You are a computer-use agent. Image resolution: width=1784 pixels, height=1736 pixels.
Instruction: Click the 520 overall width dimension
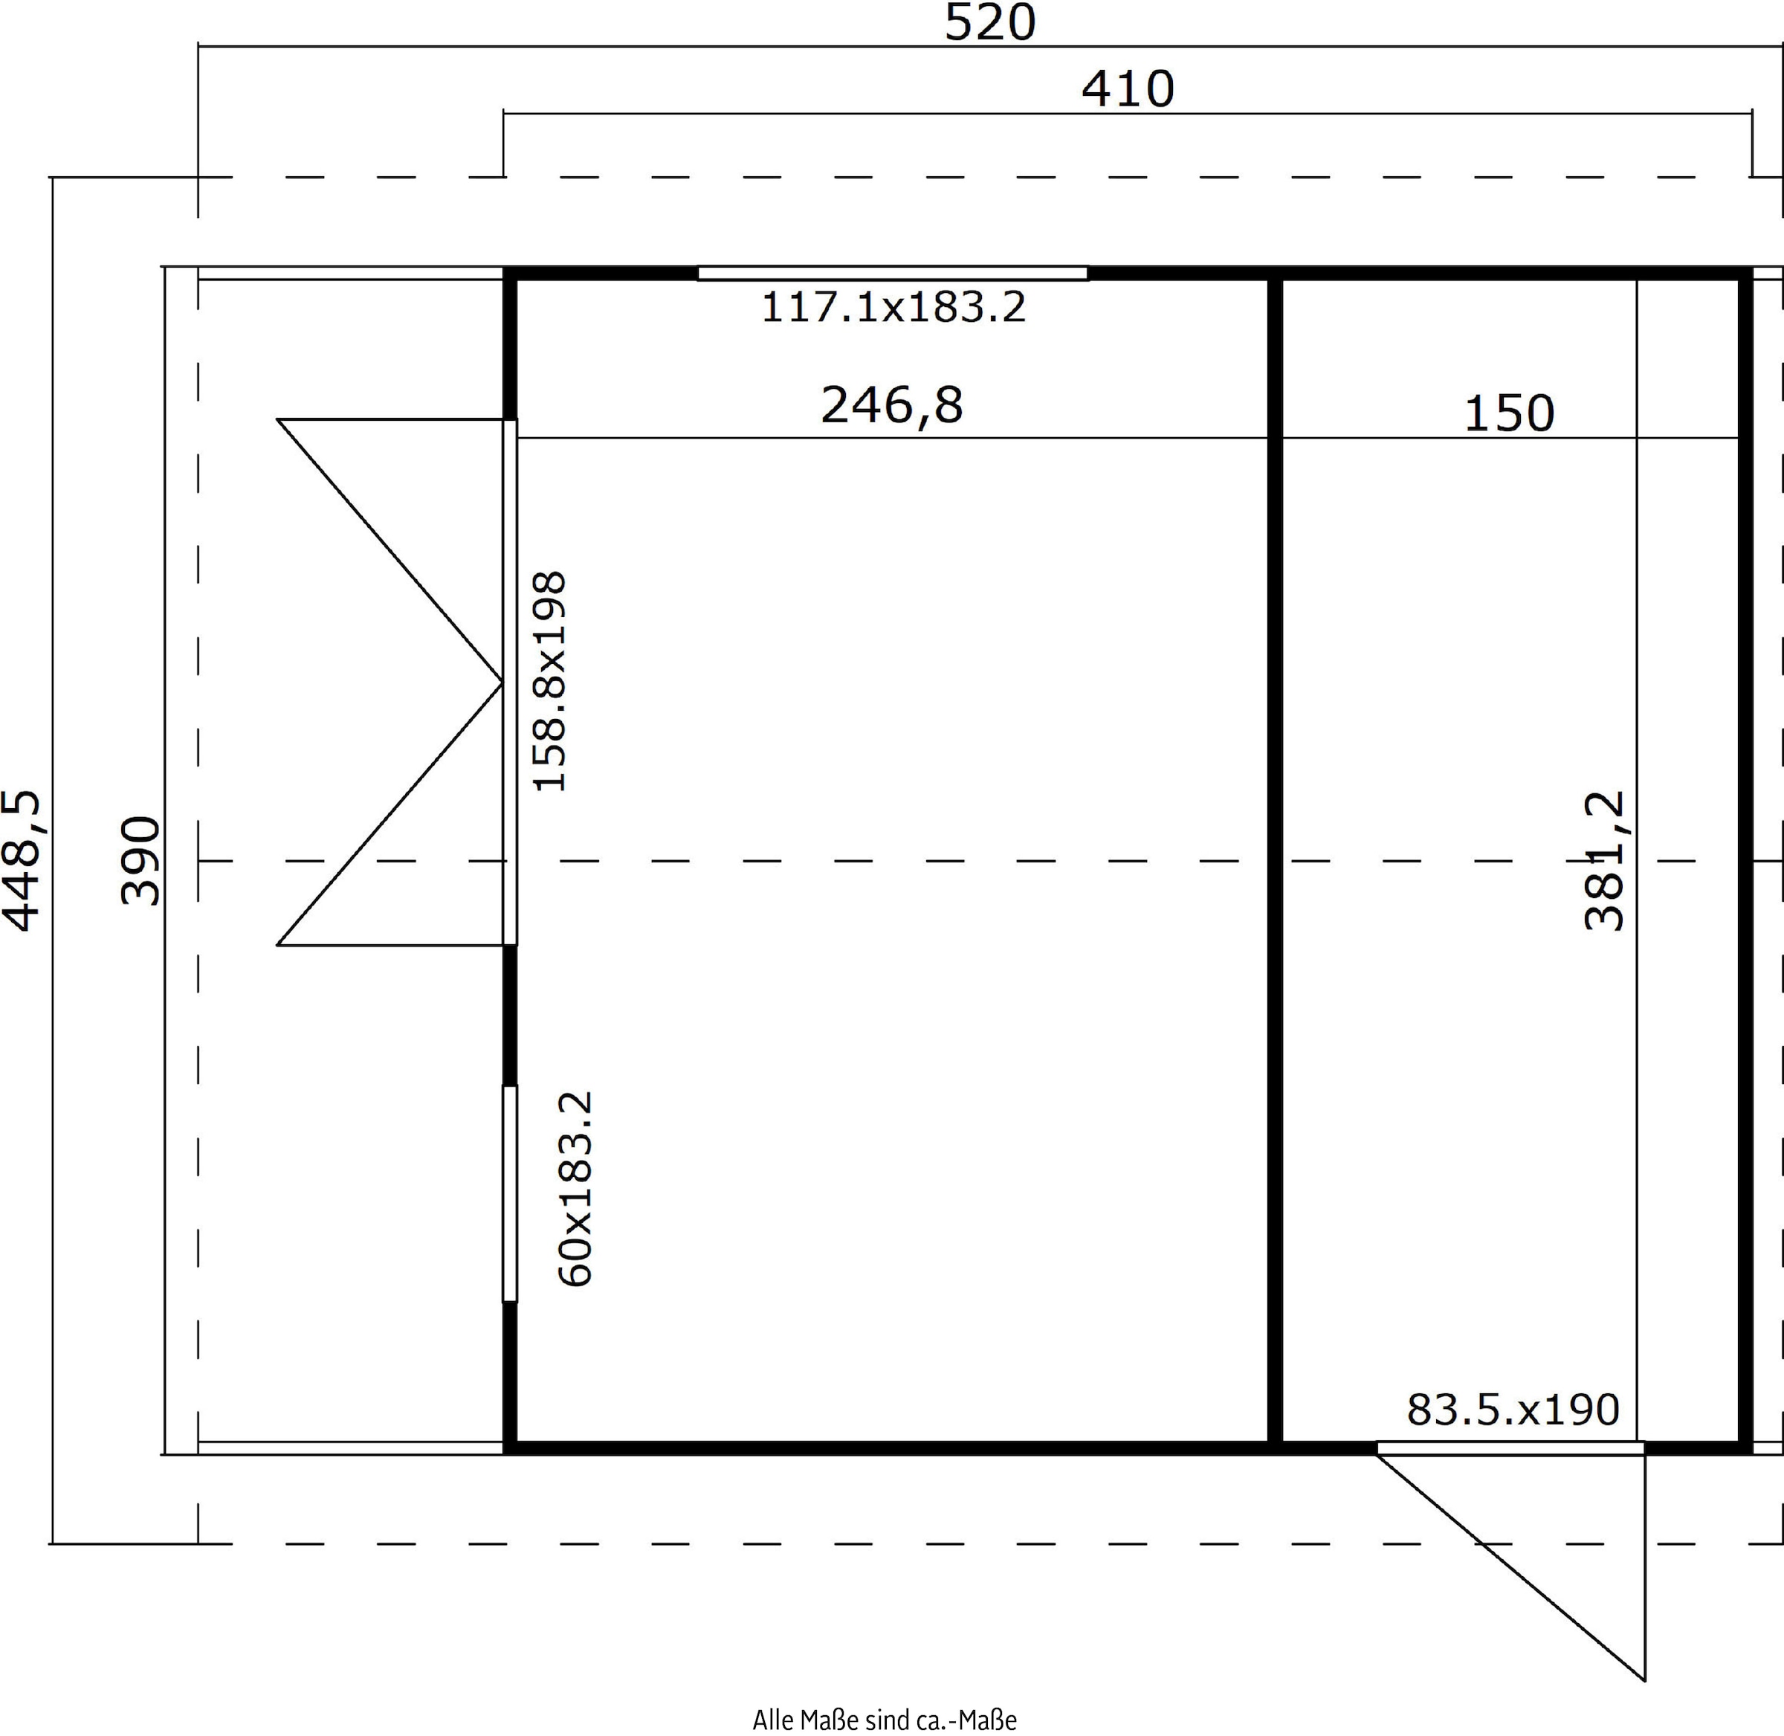click(990, 23)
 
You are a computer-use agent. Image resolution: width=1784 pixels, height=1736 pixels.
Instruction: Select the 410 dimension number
click(1128, 89)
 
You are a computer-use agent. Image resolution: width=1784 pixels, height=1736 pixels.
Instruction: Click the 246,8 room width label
click(891, 405)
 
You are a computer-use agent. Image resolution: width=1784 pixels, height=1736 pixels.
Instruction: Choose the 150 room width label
click(1509, 414)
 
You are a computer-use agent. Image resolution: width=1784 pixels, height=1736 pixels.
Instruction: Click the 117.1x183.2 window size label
click(893, 307)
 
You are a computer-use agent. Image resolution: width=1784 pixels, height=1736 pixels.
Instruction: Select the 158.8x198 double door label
click(549, 681)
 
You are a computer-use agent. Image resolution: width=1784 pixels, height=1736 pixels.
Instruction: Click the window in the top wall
click(893, 273)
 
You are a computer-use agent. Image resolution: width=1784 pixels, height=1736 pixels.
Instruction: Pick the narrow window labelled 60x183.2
click(511, 1193)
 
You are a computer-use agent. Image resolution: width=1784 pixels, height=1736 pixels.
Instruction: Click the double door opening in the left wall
click(511, 682)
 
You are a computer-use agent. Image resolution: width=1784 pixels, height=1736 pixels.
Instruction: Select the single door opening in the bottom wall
click(1510, 1447)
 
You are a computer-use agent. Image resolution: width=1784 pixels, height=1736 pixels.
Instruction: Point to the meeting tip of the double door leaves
click(502, 682)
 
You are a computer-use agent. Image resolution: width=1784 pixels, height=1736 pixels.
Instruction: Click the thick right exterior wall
click(1745, 861)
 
